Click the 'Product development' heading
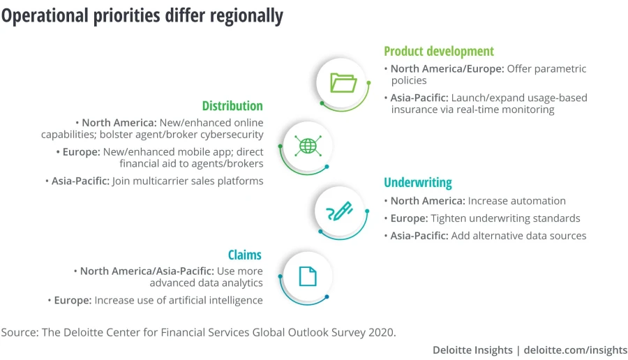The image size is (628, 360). (438, 52)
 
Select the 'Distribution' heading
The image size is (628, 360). (232, 106)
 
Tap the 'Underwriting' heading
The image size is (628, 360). (417, 183)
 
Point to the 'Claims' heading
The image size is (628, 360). (245, 255)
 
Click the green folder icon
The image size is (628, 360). (343, 83)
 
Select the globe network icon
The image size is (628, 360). (307, 147)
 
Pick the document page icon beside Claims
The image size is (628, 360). (307, 276)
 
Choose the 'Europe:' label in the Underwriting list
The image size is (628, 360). (409, 218)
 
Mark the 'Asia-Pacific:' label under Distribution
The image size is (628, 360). (80, 181)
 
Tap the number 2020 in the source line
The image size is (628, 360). (380, 332)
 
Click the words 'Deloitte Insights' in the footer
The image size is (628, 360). (472, 350)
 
